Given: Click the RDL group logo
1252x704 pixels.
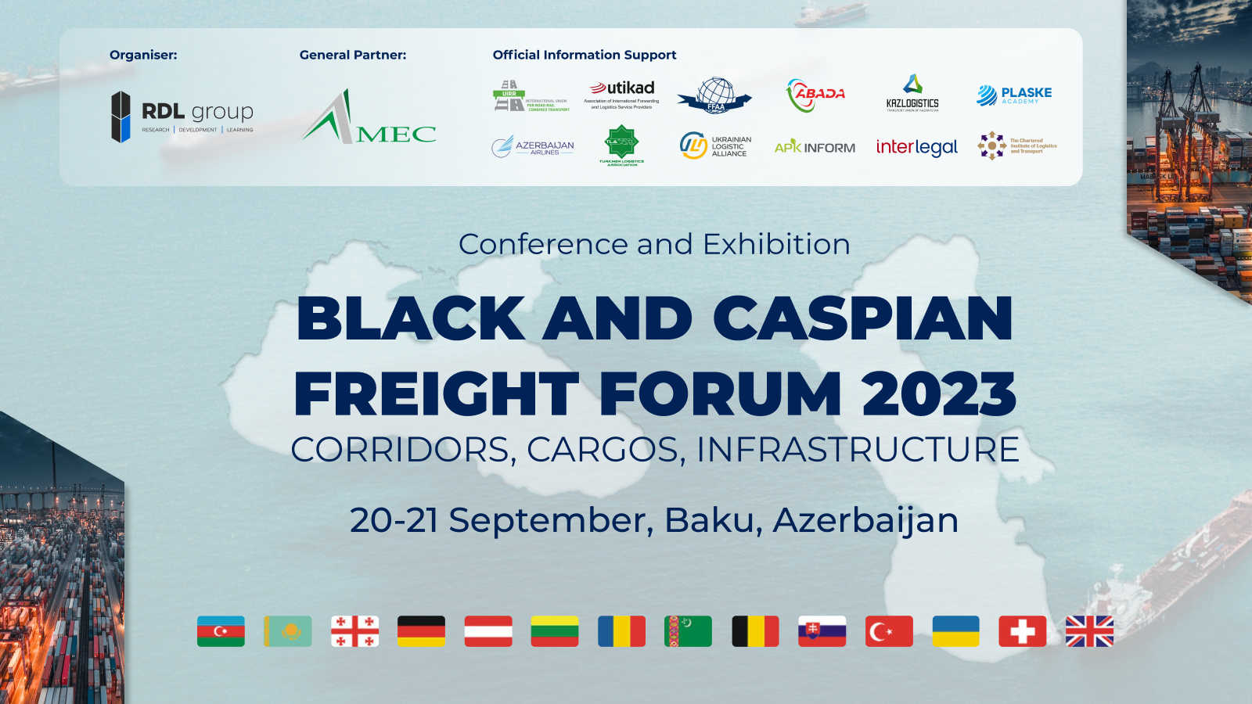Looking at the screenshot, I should [182, 117].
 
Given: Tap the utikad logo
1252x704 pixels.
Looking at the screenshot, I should [622, 94].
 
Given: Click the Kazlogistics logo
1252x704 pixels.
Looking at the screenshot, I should [912, 94].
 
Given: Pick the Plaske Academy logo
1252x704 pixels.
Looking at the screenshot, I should [1014, 95].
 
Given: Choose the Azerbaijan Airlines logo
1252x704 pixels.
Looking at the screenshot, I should [533, 147].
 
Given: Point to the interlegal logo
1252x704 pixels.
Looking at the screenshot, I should [916, 147].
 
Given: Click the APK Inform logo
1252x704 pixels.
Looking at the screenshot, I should [815, 147].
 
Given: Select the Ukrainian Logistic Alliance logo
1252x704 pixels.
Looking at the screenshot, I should [715, 146].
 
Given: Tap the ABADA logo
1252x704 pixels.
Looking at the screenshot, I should [815, 95].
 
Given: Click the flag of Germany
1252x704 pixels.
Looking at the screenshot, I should [421, 631].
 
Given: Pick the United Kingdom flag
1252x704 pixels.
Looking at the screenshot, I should [1089, 631].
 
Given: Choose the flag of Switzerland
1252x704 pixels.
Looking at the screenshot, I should [1022, 631].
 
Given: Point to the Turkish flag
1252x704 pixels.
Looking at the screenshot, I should [889, 631].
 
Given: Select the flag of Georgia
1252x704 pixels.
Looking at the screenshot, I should [354, 631].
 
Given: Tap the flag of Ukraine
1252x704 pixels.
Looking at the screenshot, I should [955, 631].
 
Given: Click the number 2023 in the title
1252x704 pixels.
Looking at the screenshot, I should [939, 393].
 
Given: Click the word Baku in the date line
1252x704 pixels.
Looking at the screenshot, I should [712, 520].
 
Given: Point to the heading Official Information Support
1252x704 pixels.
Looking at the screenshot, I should [585, 55].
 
